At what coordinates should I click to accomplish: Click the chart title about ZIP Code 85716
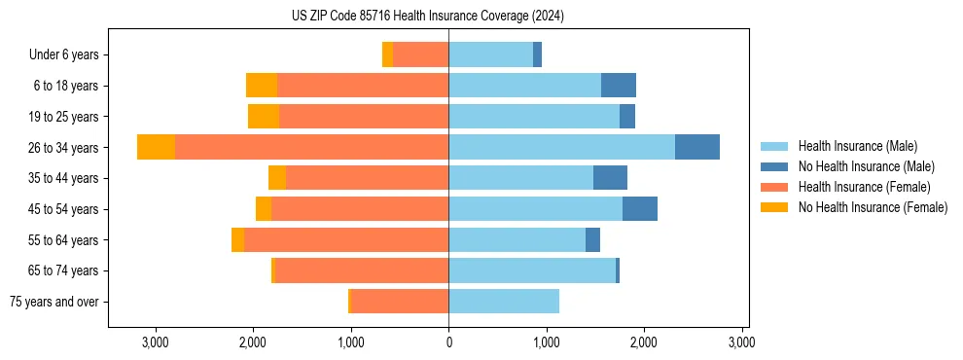point(427,17)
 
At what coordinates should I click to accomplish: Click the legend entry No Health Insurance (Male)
point(866,166)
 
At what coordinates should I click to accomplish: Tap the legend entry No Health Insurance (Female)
point(873,207)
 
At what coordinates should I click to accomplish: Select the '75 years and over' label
point(54,302)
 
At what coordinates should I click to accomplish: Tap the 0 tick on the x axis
point(448,342)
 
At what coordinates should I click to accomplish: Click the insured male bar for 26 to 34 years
point(561,147)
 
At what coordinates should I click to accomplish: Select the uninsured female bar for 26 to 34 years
point(156,147)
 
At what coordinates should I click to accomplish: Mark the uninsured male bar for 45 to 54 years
point(640,209)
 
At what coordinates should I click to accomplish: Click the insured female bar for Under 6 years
point(420,54)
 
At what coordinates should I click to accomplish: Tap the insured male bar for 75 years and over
point(504,302)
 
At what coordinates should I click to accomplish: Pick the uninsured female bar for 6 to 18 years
point(262,86)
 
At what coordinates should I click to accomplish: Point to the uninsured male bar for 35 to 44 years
point(610,178)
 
